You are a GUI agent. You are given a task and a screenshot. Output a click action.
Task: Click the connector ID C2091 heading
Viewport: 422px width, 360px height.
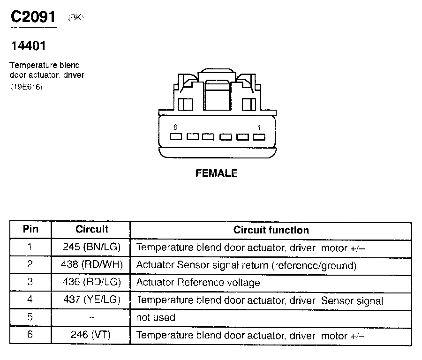(33, 17)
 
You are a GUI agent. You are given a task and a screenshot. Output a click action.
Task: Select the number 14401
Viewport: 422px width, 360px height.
(28, 46)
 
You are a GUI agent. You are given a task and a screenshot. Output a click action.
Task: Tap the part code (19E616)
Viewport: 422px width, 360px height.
(27, 87)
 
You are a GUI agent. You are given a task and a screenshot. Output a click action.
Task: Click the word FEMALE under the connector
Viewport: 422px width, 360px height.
(216, 173)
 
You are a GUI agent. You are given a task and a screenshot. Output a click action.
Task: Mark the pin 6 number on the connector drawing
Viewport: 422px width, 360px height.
(175, 127)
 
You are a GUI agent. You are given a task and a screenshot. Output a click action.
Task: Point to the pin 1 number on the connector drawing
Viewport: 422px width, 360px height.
(259, 127)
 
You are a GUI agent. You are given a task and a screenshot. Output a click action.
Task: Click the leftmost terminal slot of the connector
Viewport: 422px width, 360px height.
(176, 137)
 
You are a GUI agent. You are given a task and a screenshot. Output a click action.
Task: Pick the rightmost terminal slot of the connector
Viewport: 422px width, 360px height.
(258, 137)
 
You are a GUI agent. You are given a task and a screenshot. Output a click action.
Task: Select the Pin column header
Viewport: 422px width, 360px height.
(30, 229)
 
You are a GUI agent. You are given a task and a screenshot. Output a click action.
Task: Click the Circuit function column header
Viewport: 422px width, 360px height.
(271, 230)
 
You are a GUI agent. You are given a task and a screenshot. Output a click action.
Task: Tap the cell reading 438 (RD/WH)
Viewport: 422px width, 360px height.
(91, 264)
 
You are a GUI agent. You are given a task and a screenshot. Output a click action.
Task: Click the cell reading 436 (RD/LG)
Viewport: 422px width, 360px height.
(91, 282)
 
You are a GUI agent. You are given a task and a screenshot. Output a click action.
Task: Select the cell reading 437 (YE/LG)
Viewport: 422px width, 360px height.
(91, 300)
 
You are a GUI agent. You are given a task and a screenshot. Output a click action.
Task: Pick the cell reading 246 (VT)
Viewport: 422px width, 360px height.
(91, 336)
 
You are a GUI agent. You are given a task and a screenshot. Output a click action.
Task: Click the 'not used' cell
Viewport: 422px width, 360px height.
(156, 318)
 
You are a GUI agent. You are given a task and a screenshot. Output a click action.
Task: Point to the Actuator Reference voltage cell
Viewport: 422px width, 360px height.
(198, 283)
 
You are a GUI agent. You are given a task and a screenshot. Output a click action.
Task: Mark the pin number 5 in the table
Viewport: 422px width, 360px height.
(30, 317)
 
